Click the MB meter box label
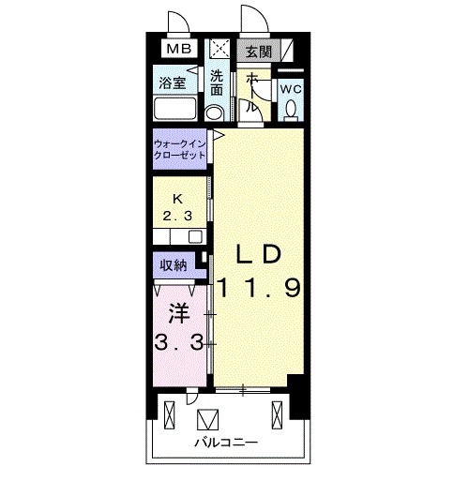pyautogui.click(x=179, y=49)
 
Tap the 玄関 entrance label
pyautogui.click(x=258, y=52)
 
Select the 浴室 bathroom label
pyautogui.click(x=173, y=83)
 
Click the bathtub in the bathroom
pyautogui.click(x=175, y=108)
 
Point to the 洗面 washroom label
pyautogui.click(x=217, y=83)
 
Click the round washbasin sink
pyautogui.click(x=214, y=113)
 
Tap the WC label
pyautogui.click(x=291, y=90)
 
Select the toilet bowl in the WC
pyautogui.click(x=292, y=110)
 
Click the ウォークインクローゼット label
pyautogui.click(x=180, y=149)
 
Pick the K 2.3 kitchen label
pyautogui.click(x=177, y=207)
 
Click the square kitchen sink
pyautogui.click(x=195, y=236)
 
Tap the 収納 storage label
pyautogui.click(x=174, y=265)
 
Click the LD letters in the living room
pyautogui.click(x=258, y=253)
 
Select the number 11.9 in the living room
pyautogui.click(x=259, y=288)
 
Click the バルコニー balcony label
pyautogui.click(x=226, y=443)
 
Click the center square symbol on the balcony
pyautogui.click(x=207, y=420)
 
